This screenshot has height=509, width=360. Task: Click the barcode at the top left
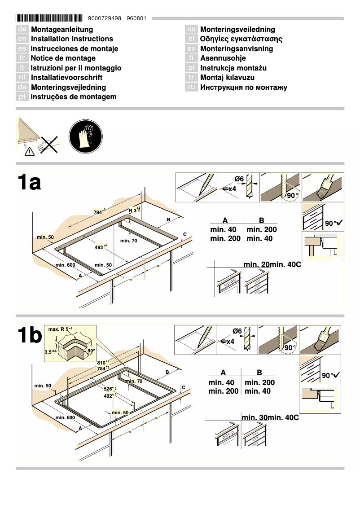(49, 18)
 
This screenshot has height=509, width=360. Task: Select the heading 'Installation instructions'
(72, 39)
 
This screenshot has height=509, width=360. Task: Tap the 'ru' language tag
(191, 88)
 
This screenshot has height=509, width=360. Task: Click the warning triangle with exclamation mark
(29, 152)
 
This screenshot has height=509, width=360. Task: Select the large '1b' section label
(30, 335)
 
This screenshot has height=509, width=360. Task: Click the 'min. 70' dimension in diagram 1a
(128, 241)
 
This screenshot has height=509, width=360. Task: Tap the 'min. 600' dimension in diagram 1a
(65, 265)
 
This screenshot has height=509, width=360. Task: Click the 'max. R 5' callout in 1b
(60, 330)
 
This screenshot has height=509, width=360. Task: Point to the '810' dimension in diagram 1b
(104, 362)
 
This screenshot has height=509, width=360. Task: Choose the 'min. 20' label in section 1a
(256, 265)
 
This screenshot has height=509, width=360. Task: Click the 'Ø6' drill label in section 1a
(239, 180)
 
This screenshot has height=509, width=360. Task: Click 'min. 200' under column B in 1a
(262, 230)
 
